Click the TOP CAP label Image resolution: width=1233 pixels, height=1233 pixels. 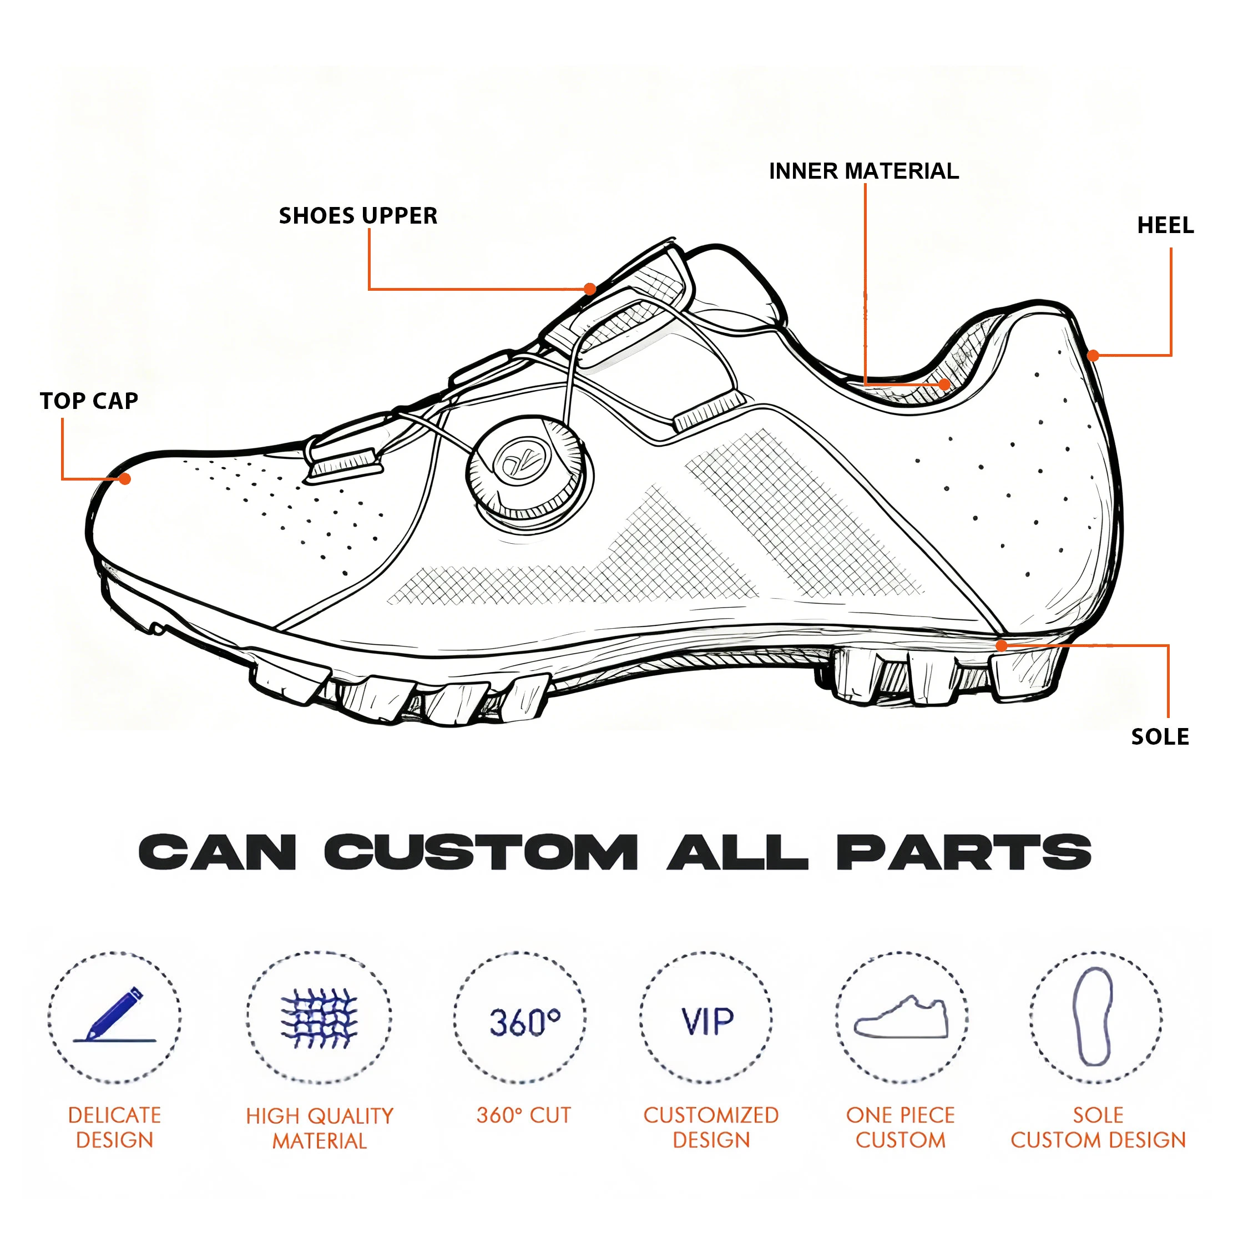[89, 401]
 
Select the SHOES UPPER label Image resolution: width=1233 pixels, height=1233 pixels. [358, 216]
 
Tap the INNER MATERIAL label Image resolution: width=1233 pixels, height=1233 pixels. [863, 171]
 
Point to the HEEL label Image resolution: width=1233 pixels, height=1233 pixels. [1165, 225]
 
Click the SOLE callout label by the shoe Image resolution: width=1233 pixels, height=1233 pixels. [1160, 736]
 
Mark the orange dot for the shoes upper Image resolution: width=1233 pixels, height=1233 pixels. [590, 289]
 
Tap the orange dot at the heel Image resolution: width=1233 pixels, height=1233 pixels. [1093, 356]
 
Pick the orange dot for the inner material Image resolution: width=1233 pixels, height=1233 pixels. [944, 384]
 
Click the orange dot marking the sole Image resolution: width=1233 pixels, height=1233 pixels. [1002, 646]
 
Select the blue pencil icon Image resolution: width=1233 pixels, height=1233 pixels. [115, 1015]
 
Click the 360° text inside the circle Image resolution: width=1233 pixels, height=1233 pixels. [524, 1022]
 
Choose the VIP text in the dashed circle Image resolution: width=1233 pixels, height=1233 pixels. [708, 1022]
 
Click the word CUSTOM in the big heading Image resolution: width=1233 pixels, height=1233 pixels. [481, 853]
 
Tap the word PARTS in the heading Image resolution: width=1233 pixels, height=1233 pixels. [964, 853]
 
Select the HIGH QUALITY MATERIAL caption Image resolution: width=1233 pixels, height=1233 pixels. [320, 1128]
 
